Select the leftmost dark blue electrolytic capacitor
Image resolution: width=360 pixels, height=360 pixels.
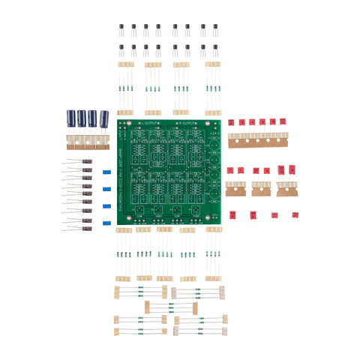(71, 118)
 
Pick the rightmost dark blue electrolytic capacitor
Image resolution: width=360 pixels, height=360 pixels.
(105, 118)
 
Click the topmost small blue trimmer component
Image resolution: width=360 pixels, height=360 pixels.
(106, 172)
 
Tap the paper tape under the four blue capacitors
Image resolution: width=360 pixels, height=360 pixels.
(88, 139)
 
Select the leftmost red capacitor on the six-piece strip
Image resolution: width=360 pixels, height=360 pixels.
(232, 122)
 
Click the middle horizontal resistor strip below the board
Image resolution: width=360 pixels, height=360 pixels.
(171, 307)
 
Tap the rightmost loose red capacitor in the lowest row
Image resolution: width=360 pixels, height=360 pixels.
(295, 215)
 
